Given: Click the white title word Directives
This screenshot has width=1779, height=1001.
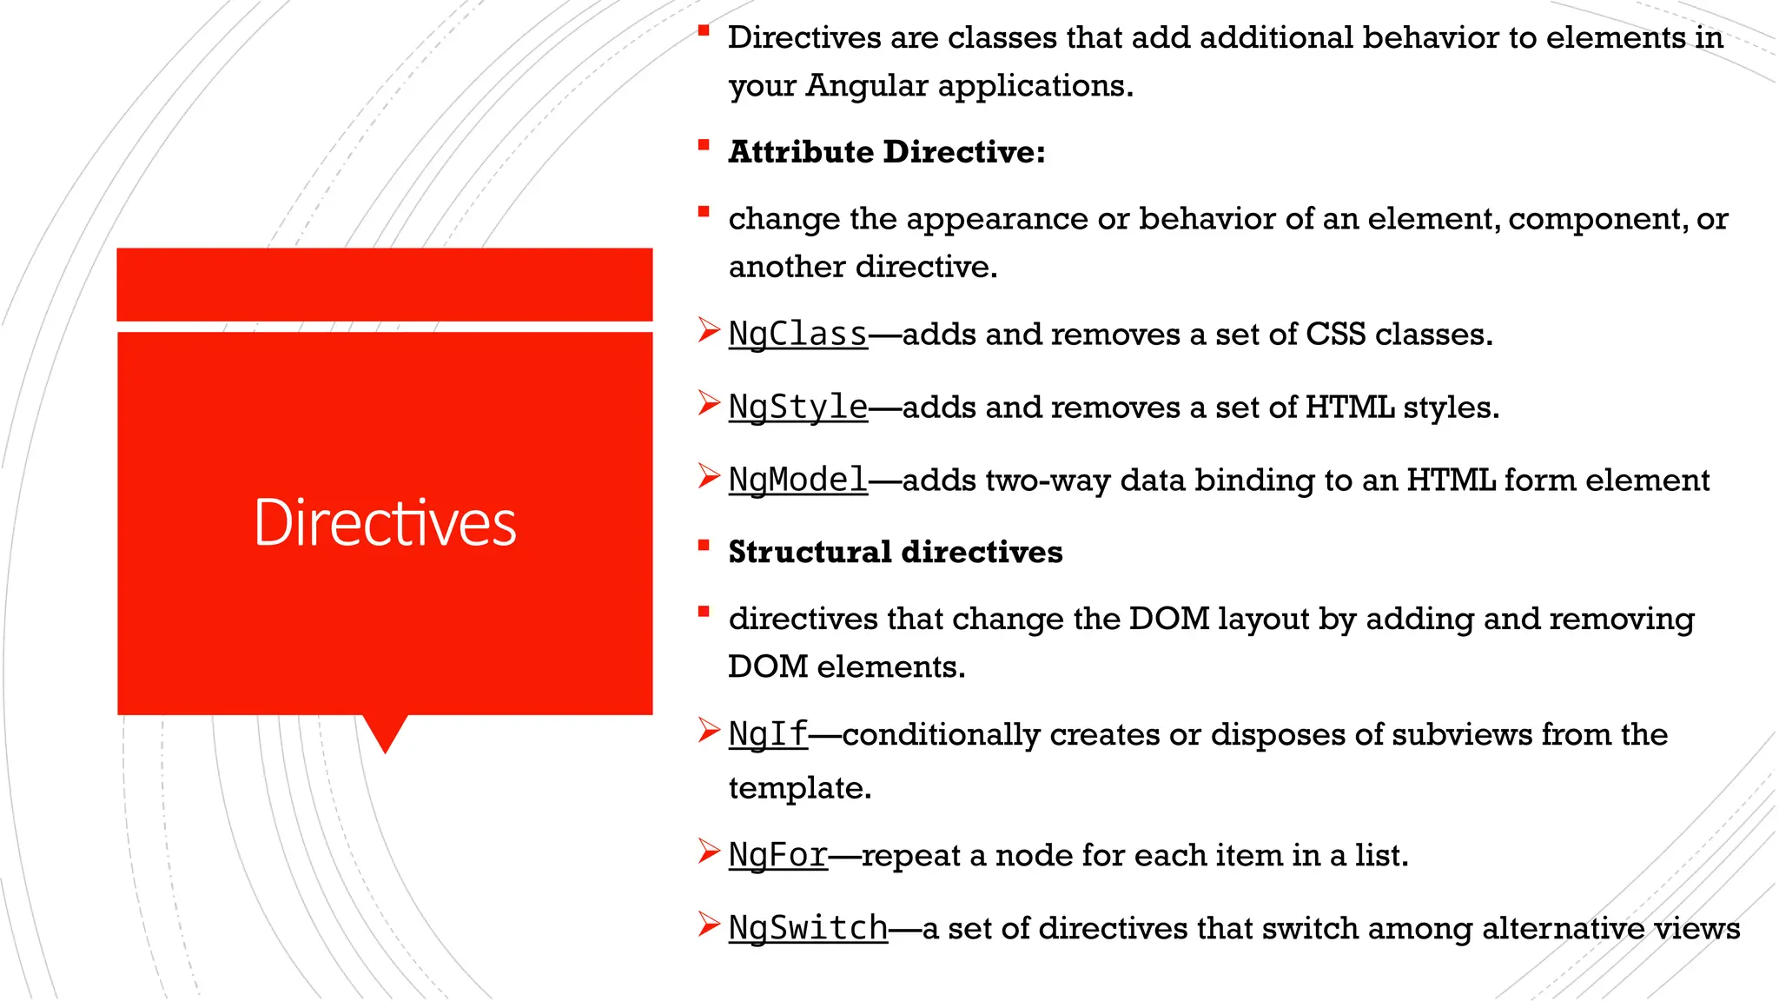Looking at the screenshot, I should (385, 523).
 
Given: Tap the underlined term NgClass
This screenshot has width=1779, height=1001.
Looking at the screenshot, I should (797, 335).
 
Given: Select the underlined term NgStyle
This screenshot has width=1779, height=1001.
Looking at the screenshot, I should (797, 408).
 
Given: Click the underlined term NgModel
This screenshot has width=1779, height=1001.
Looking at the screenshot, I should (797, 481).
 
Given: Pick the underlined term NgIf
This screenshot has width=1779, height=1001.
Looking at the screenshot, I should (768, 735).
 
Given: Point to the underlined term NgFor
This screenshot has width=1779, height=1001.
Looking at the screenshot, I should (777, 856).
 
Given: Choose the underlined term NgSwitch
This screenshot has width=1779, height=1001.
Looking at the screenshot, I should (808, 929).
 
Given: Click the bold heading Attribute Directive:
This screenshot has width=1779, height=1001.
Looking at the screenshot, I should (886, 152).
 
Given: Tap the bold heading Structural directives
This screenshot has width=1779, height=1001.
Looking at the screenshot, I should (895, 553).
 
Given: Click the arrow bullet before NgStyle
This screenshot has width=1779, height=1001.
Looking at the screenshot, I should (709, 404).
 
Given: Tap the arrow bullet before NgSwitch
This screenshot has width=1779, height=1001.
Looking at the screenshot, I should (709, 925).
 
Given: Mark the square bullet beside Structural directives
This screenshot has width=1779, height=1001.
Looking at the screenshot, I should (704, 546).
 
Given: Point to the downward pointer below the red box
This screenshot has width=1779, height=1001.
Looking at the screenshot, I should (385, 733).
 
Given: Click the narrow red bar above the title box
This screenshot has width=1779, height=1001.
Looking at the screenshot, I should (385, 284).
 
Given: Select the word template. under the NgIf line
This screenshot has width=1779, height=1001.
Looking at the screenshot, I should (799, 788).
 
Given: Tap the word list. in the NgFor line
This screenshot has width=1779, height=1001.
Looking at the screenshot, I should (1381, 856).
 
